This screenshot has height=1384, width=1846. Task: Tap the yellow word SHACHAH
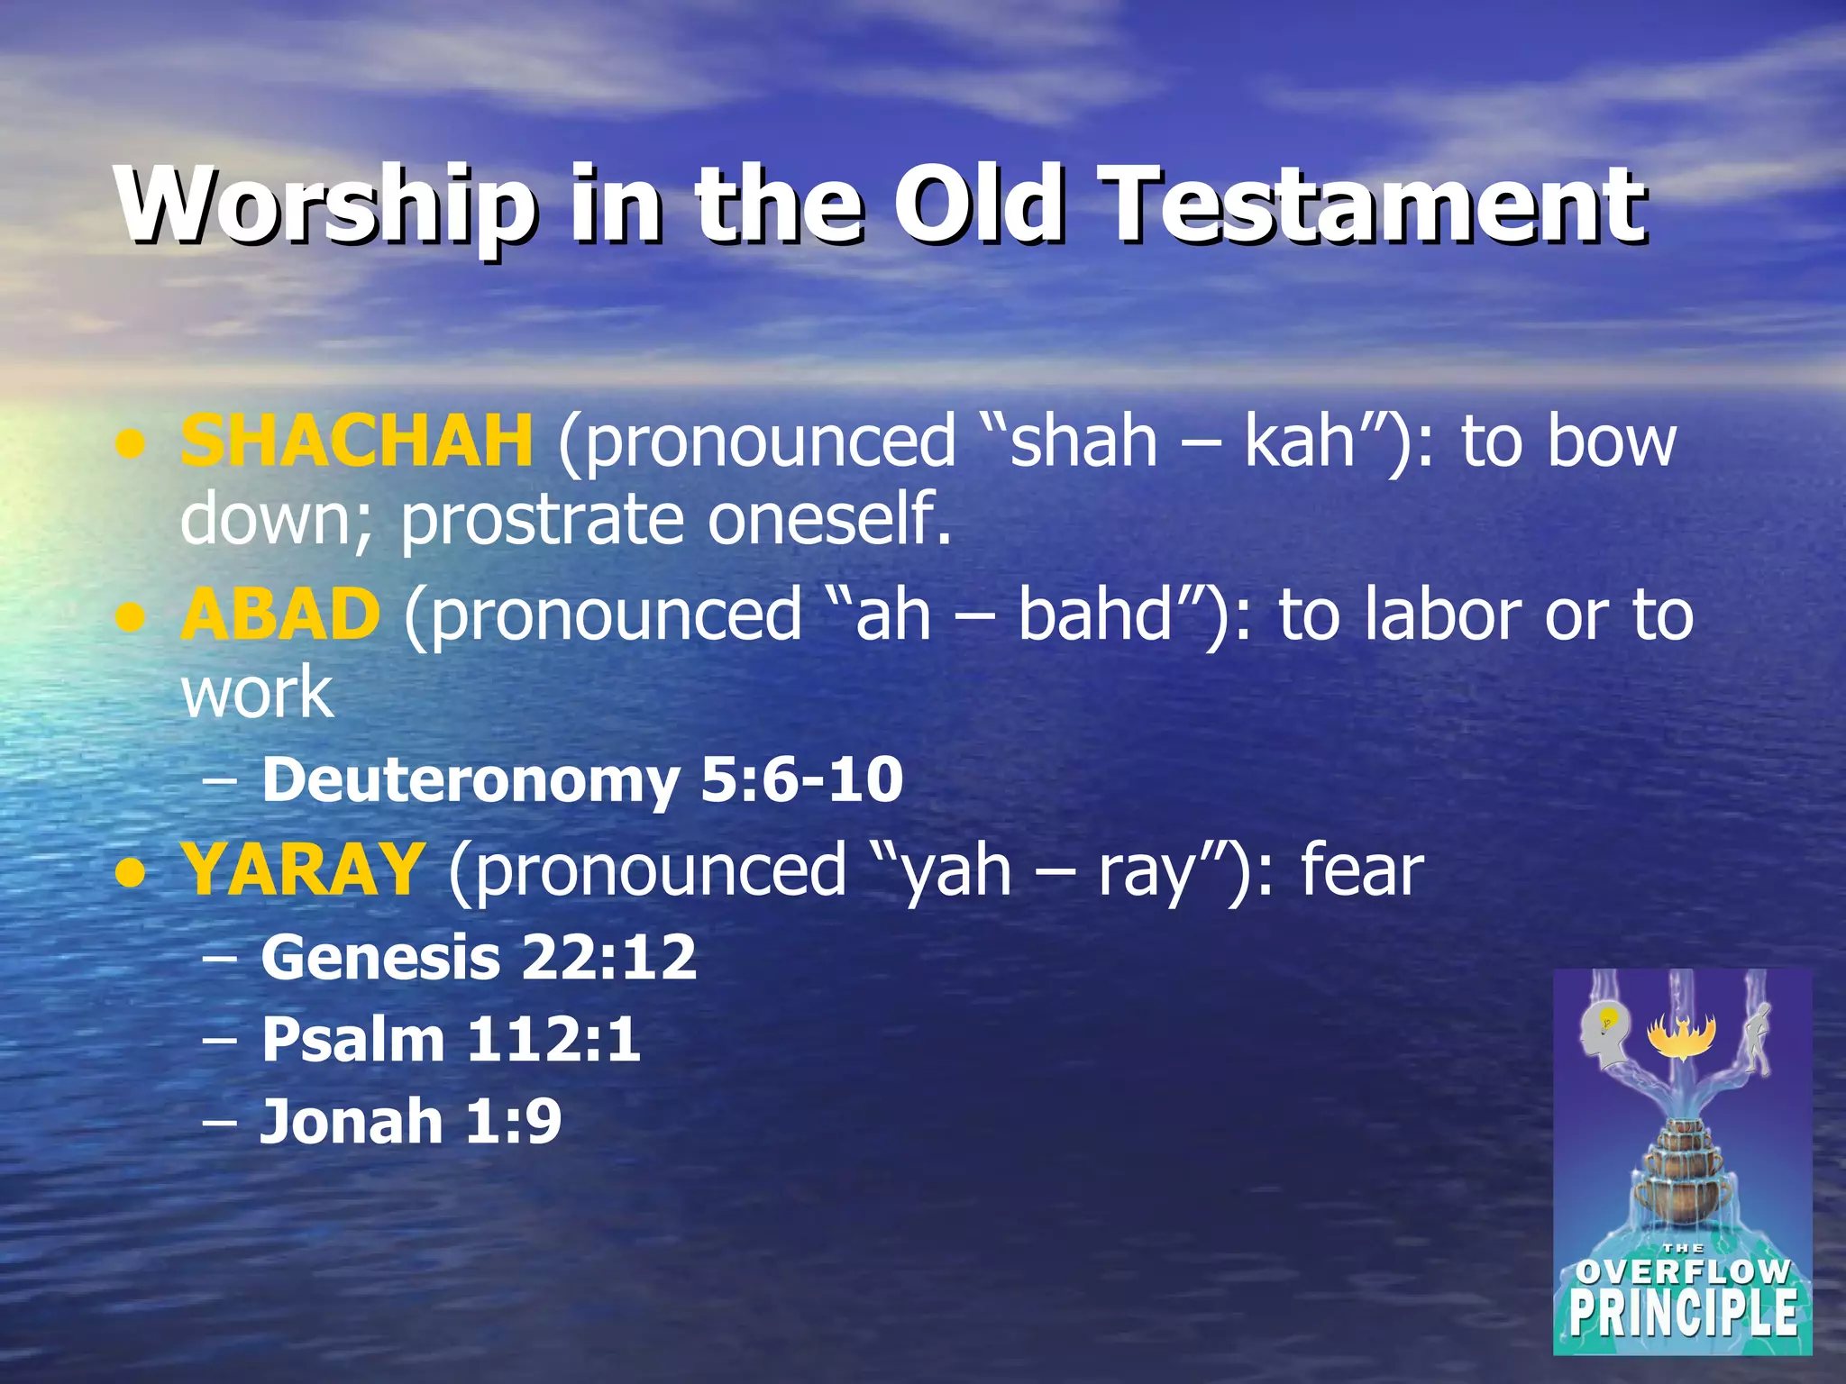[x=357, y=441]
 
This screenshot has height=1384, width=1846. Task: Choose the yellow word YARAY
[x=303, y=870]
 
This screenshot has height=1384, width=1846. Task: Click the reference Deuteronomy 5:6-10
[x=582, y=779]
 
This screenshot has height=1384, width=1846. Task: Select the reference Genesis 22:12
[x=479, y=957]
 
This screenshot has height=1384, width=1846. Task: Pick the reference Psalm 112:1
[x=451, y=1040]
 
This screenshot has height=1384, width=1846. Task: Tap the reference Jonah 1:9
[x=410, y=1122]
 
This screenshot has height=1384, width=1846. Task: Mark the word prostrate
[x=546, y=520]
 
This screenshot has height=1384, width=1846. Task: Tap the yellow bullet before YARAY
[x=132, y=873]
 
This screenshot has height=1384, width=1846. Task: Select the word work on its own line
[x=258, y=693]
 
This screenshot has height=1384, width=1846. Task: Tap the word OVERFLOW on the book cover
[x=1682, y=1271]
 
